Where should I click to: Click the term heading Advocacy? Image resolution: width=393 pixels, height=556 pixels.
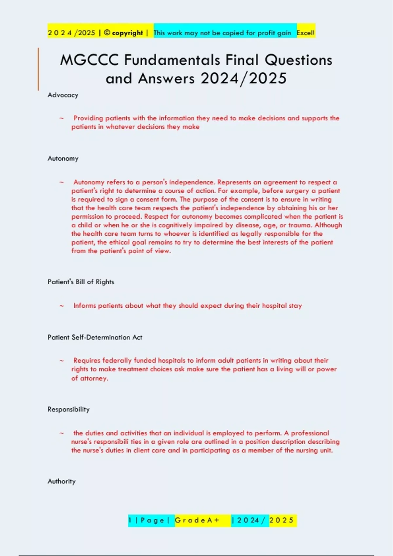click(x=63, y=95)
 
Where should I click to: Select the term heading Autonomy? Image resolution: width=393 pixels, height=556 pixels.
click(x=63, y=159)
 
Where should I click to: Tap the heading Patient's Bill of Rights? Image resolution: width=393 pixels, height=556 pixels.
click(x=81, y=282)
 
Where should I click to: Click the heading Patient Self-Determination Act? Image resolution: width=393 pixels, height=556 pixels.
click(x=95, y=338)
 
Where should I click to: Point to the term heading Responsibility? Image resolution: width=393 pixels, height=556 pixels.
click(x=68, y=409)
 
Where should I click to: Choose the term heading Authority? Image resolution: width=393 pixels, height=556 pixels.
click(x=62, y=481)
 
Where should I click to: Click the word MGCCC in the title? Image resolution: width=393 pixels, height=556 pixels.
click(x=89, y=60)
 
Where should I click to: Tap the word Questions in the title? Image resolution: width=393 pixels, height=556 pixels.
click(x=298, y=60)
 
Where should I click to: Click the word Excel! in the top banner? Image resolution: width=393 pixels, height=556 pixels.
click(x=305, y=33)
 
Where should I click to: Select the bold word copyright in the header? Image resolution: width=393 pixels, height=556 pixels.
click(x=127, y=33)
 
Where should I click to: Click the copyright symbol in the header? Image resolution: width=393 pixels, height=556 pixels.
click(x=107, y=33)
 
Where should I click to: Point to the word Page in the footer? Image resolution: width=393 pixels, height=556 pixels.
click(x=152, y=520)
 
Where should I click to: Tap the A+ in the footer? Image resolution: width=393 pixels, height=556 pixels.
click(x=213, y=520)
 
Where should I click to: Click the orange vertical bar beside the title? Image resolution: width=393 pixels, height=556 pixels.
click(x=38, y=69)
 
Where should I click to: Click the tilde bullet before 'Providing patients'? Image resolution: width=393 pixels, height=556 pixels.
click(x=62, y=118)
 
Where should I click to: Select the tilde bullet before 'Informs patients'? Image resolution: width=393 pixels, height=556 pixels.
click(x=62, y=306)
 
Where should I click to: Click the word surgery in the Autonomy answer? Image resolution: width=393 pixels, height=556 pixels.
click(x=297, y=191)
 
